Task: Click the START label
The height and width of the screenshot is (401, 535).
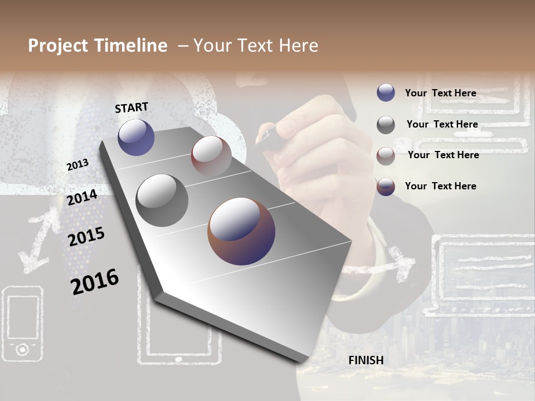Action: (x=132, y=107)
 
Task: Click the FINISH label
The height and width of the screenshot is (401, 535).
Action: (x=366, y=360)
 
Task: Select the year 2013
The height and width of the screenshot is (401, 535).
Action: (x=77, y=165)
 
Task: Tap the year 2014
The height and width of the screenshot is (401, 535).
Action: (x=82, y=197)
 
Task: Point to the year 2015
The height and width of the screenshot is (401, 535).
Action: (x=86, y=237)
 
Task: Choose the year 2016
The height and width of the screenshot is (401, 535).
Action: (x=95, y=281)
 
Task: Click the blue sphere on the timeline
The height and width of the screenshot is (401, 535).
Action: (x=136, y=138)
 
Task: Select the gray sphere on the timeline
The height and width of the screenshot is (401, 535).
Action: (x=162, y=200)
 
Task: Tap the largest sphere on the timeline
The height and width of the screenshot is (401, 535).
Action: (x=241, y=231)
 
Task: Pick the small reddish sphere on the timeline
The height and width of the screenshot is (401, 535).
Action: (x=211, y=156)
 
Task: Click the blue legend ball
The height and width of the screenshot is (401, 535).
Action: (x=386, y=93)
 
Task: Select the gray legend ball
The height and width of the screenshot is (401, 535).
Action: (x=386, y=125)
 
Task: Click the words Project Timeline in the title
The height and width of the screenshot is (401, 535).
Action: (x=98, y=46)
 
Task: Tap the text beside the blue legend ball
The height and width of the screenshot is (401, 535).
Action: (x=440, y=93)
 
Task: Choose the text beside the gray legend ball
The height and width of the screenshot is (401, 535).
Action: (x=442, y=124)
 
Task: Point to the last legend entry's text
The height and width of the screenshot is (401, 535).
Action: (x=440, y=186)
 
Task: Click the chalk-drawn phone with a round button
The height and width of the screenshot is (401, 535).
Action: (x=22, y=322)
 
